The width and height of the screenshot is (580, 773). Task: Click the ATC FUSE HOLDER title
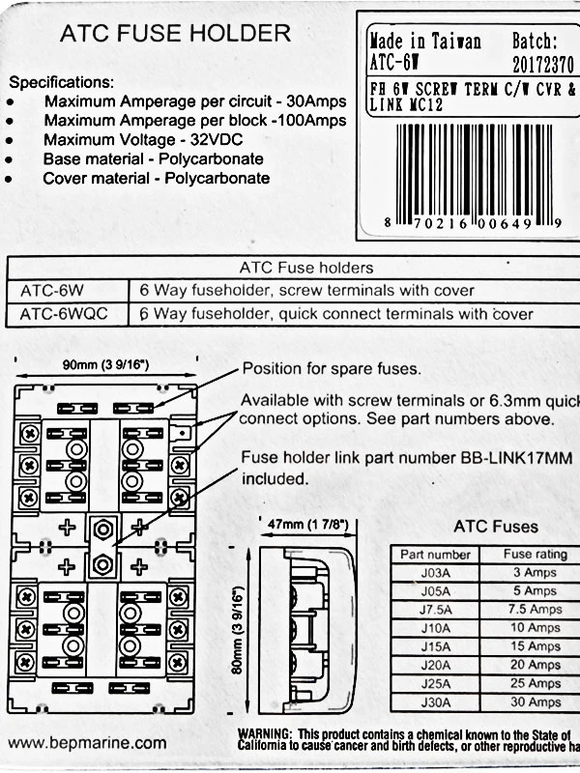(x=175, y=35)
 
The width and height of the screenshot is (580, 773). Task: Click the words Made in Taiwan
(x=425, y=42)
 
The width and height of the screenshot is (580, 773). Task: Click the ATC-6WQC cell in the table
(x=66, y=314)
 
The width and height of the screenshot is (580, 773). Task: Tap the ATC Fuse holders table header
(x=305, y=268)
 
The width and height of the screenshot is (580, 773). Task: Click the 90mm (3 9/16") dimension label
(x=106, y=364)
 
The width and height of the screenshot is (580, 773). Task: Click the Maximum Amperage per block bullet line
(x=194, y=121)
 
